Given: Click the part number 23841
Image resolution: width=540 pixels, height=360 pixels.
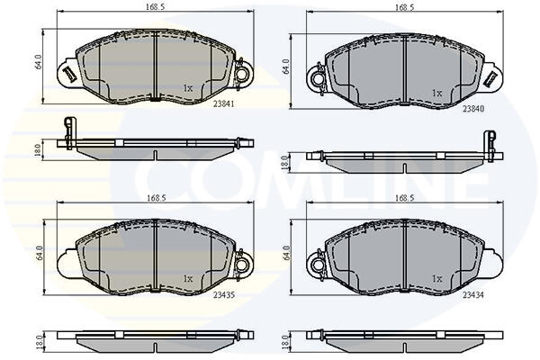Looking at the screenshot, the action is pos(223,103).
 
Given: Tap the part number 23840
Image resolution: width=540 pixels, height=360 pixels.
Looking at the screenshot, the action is pos(473,109).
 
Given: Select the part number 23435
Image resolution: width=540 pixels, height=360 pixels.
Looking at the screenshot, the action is pos(223,295).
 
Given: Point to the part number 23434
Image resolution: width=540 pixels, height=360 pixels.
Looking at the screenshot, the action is pos(473,295).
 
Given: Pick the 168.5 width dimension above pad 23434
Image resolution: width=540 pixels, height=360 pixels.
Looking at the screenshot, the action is pos(405,198).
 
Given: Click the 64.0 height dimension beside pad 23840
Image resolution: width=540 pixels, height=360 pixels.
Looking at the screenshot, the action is pos(286,67).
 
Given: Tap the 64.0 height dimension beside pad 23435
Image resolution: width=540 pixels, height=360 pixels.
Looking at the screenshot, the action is pos(38,253).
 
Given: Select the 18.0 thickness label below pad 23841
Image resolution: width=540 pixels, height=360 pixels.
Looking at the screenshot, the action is pos(38,150).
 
